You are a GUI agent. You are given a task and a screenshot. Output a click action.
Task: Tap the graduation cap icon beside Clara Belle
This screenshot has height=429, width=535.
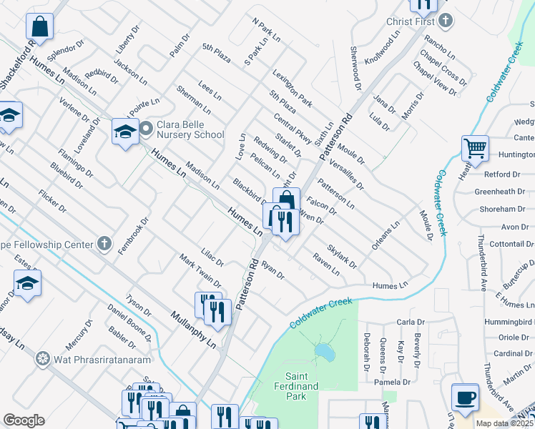[x=124, y=132]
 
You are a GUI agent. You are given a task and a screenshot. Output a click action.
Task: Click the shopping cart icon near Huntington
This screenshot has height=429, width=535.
[x=475, y=149]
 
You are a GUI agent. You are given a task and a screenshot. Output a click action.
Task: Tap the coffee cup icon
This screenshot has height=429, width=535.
[x=465, y=397]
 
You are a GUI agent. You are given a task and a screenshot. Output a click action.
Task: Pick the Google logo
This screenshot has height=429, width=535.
[x=24, y=420]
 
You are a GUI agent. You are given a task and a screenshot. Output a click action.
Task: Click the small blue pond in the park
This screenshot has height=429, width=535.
[x=324, y=352]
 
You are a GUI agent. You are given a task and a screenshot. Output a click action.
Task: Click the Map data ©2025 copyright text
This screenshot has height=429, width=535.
[x=504, y=423]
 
